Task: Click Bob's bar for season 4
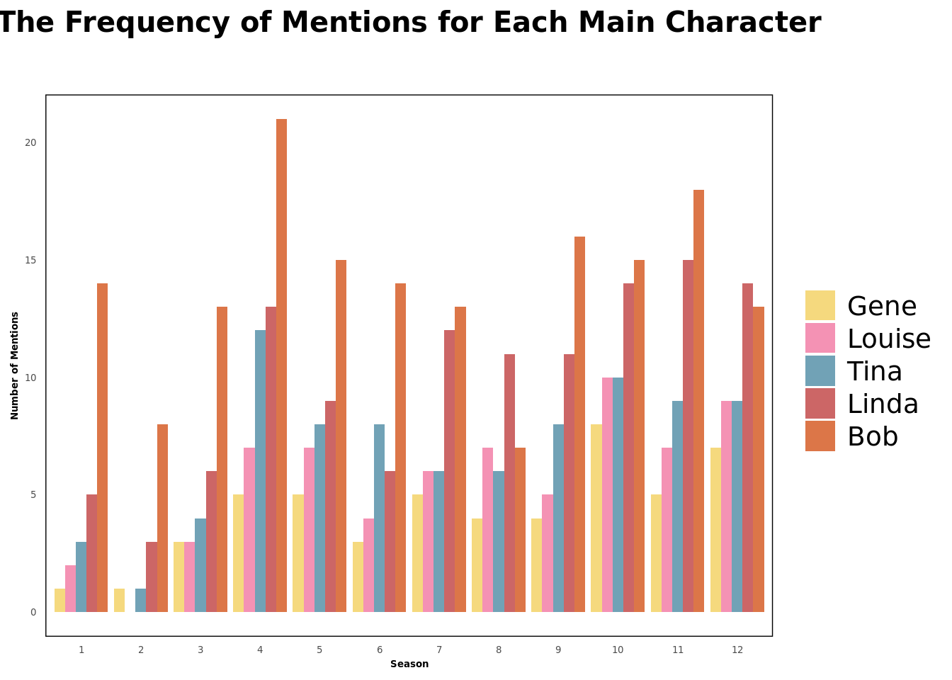[281, 365]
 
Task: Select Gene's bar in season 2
[119, 601]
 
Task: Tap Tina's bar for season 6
[379, 518]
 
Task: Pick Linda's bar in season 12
[747, 448]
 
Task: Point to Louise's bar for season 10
[607, 495]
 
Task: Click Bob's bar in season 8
[520, 530]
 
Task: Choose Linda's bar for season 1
[91, 553]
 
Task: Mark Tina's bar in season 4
[260, 471]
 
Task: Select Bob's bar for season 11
[698, 401]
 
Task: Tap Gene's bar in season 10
[596, 518]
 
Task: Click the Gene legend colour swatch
[820, 305]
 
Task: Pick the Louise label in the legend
[888, 339]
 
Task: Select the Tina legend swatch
[820, 370]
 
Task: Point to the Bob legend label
[872, 436]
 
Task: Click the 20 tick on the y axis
[30, 142]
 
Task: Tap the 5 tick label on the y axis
[33, 494]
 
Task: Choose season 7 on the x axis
[439, 650]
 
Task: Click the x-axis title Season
[409, 664]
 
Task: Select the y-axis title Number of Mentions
[15, 365]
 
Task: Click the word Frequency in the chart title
[148, 23]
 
